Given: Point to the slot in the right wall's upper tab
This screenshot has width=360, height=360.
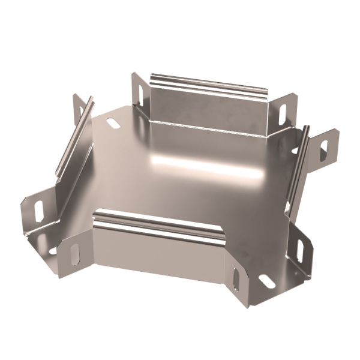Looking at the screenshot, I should point(324,150).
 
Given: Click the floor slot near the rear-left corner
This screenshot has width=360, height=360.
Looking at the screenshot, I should point(112,124).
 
